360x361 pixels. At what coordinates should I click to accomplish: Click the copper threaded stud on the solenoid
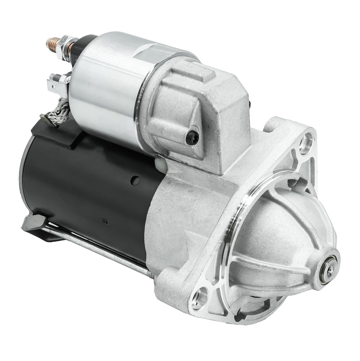coord(52,44)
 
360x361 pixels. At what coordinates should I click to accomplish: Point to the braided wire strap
coord(61,110)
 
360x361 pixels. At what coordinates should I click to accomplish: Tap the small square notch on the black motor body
coord(104,221)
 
